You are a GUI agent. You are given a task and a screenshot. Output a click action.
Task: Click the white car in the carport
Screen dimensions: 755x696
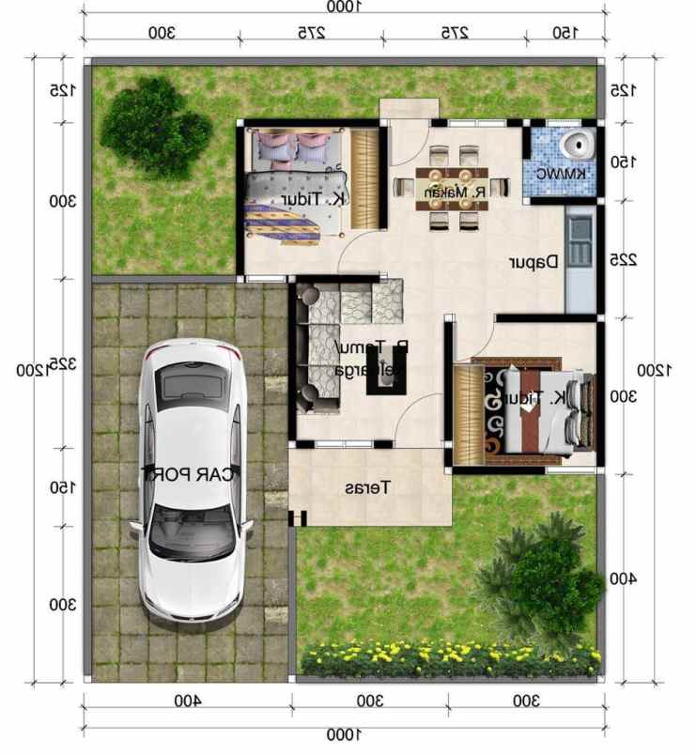point(192,479)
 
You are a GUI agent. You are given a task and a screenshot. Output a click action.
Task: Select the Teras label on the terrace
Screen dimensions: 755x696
point(367,488)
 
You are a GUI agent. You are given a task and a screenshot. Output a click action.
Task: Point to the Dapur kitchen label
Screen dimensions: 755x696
point(534,262)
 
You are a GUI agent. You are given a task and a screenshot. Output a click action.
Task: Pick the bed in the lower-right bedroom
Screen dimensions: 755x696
point(535,409)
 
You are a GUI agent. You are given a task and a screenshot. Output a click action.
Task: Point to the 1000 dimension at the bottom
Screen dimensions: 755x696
point(343,733)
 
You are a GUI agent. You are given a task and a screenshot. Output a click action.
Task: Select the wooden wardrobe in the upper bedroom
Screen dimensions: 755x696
point(365,177)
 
